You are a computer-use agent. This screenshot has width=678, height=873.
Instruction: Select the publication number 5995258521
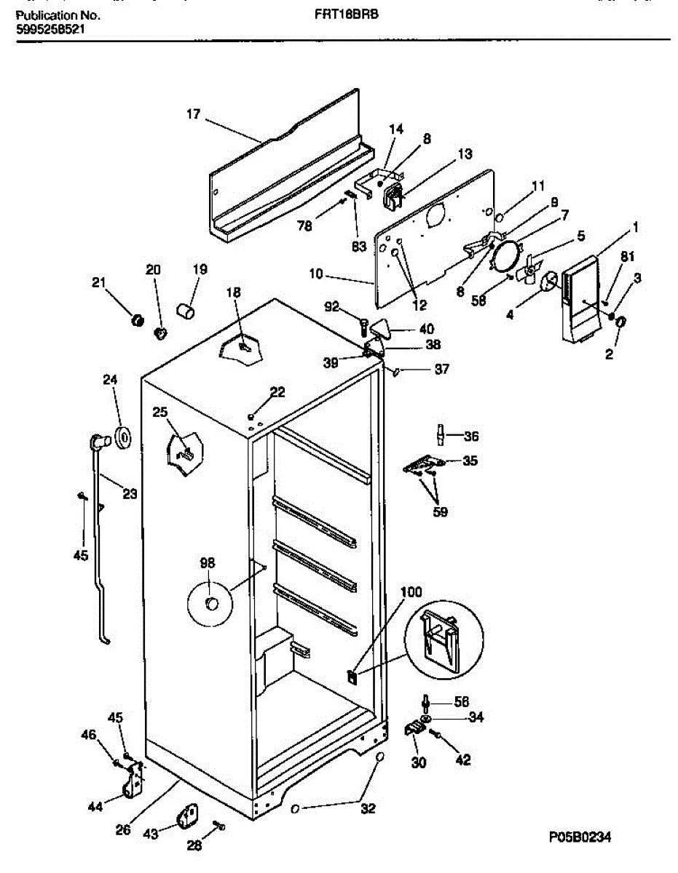[x=52, y=30]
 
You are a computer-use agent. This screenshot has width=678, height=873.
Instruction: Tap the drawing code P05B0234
[x=580, y=837]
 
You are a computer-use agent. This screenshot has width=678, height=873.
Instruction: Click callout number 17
[x=193, y=114]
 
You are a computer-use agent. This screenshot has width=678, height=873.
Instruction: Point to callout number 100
[x=411, y=593]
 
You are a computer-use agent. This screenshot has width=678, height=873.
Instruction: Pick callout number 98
[x=208, y=562]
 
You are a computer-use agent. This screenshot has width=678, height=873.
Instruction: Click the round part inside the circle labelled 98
[x=210, y=602]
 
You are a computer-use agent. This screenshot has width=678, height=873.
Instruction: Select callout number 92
[x=331, y=307]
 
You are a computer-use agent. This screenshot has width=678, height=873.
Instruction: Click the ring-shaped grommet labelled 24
[x=122, y=436]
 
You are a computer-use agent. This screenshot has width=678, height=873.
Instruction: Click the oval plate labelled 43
[x=187, y=816]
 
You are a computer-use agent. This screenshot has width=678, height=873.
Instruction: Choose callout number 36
[x=471, y=436]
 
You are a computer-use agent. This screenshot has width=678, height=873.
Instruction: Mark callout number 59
[x=440, y=511]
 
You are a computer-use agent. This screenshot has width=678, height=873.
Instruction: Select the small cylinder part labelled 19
[x=187, y=313]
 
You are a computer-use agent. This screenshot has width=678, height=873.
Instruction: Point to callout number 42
[x=462, y=760]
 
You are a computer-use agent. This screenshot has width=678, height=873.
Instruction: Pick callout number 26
[x=124, y=829]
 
